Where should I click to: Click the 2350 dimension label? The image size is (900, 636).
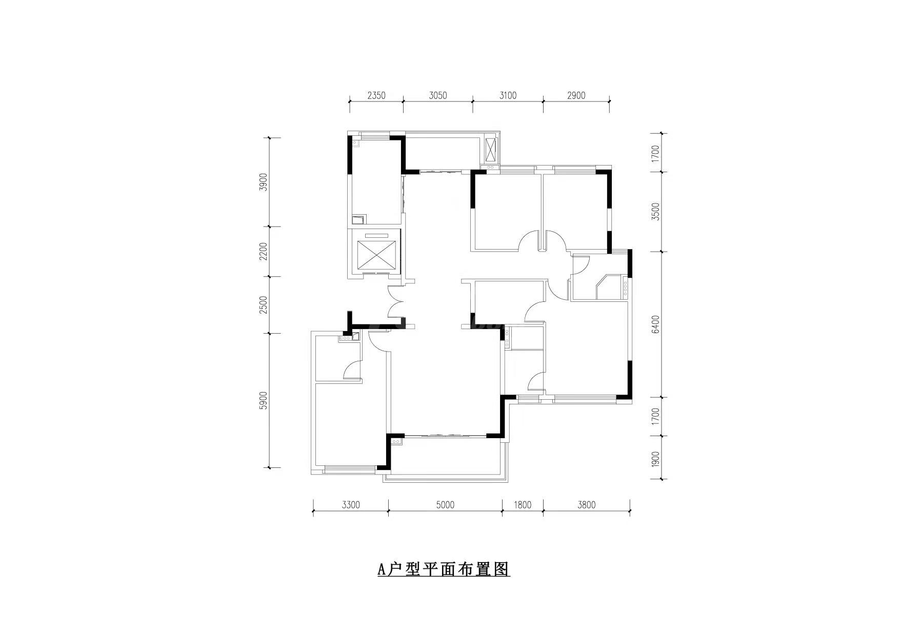point(376,95)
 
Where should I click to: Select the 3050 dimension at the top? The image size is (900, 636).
point(438,95)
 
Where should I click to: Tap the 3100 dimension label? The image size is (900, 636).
point(508,95)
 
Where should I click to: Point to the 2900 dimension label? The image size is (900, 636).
point(576,95)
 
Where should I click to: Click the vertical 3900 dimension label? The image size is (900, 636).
point(264,182)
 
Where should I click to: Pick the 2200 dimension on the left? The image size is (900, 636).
point(264,252)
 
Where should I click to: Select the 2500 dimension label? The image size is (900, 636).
point(264,305)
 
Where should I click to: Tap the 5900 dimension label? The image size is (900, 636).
point(264,400)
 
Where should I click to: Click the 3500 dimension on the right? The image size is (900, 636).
point(655,212)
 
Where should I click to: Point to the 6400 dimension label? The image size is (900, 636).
point(655,324)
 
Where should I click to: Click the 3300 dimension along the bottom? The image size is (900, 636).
point(351,505)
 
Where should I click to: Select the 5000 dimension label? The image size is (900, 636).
point(445,505)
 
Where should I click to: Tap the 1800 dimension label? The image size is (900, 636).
point(522,505)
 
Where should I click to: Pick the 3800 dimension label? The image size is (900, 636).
point(586,505)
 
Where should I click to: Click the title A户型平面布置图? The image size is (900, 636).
point(444,569)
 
